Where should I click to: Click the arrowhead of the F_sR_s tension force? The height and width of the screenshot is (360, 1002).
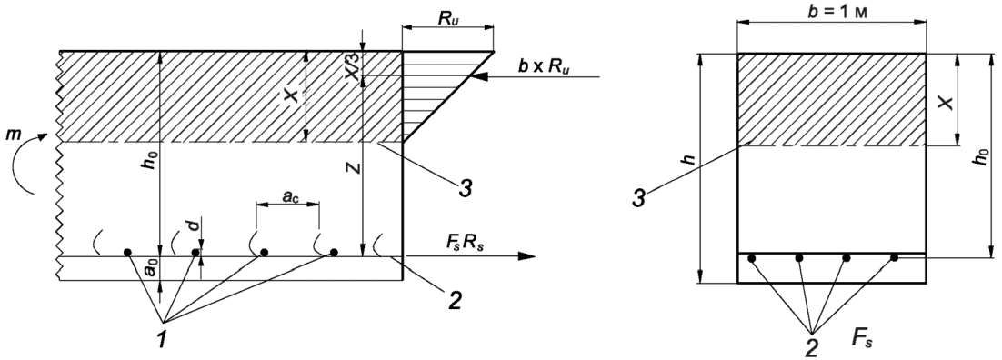pos(526,256)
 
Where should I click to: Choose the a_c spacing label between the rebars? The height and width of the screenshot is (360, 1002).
pos(287,198)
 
